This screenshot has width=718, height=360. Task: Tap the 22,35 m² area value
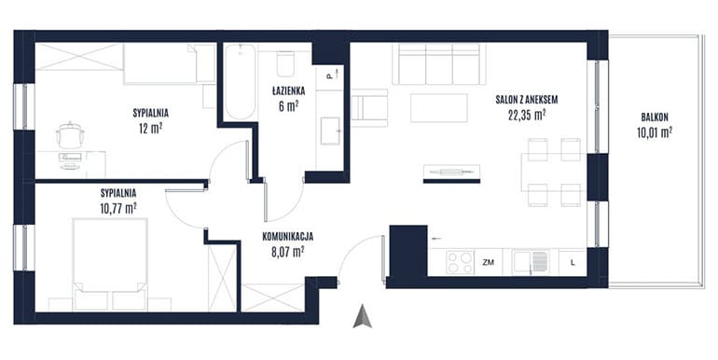[x=526, y=115]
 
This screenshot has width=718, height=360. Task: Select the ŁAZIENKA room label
[x=287, y=90]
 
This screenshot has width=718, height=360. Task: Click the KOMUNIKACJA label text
[x=287, y=237]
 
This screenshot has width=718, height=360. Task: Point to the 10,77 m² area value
[x=118, y=209]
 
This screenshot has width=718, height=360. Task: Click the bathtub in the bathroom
[x=240, y=81]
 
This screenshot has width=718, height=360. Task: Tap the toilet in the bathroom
[x=286, y=63]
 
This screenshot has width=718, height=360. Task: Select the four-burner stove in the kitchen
[x=460, y=262]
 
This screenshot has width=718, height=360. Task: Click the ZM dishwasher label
[x=488, y=263]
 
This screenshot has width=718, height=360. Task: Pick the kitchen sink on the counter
[x=531, y=262]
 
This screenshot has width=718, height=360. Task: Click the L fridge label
[x=573, y=263]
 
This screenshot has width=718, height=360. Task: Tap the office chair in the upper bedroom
[x=70, y=134]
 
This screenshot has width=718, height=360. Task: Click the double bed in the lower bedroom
[x=110, y=265]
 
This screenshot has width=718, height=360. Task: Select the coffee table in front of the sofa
[x=438, y=107]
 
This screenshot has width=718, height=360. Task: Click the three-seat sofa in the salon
[x=438, y=64]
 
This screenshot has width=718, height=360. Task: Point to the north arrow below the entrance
[x=362, y=316]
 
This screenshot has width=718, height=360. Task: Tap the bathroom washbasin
[x=330, y=131]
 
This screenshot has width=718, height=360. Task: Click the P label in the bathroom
[x=329, y=76]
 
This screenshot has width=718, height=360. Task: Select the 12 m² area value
[x=151, y=129]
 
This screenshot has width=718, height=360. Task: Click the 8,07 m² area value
[x=287, y=252]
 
